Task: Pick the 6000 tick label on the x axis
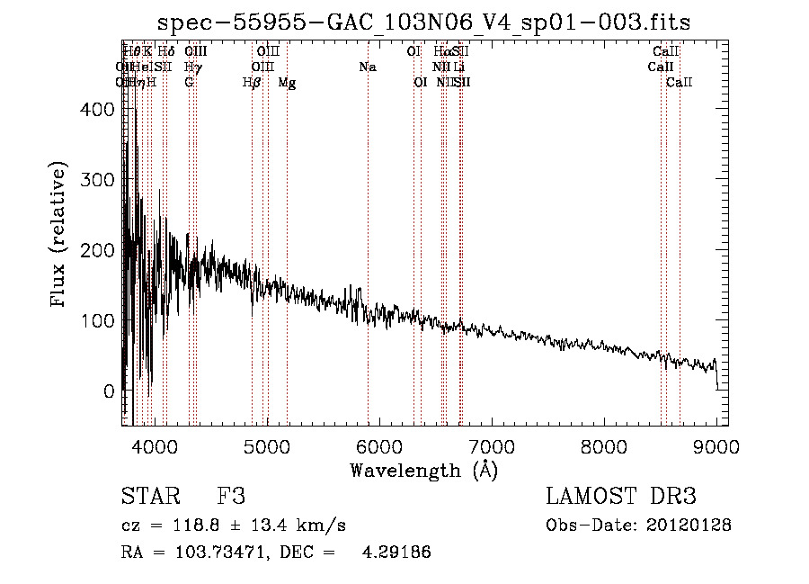click(379, 445)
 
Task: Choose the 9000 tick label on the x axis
click(716, 445)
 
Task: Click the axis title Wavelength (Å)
click(423, 470)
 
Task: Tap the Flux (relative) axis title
click(59, 236)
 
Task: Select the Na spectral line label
click(367, 67)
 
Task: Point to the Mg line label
click(287, 83)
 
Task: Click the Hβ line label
click(252, 83)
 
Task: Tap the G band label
click(189, 83)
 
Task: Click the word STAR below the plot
click(149, 497)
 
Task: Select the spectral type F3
click(231, 497)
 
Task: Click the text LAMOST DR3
click(621, 497)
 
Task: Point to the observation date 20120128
click(688, 525)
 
